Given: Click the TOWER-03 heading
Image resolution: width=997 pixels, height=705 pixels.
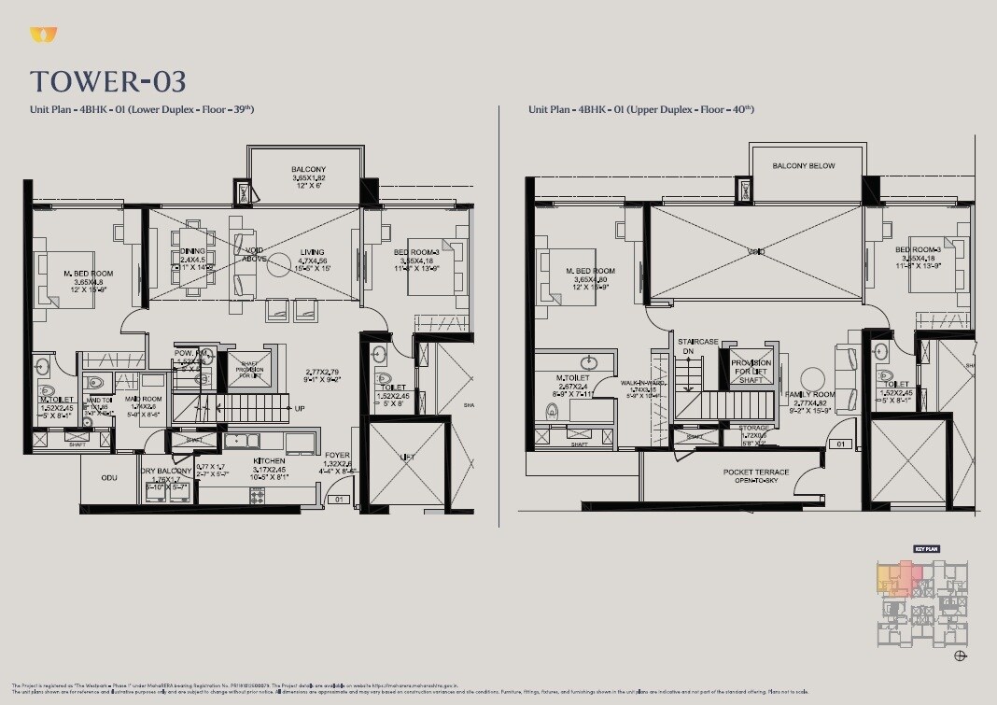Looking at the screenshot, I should coord(107,81).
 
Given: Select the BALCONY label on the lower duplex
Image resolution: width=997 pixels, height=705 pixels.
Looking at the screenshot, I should coord(308,169).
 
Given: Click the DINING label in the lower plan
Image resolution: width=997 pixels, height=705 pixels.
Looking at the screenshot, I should coord(192,251).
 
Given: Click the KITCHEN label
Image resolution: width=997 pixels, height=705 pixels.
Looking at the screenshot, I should coord(270,460).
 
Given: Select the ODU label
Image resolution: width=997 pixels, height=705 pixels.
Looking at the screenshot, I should coord(109,477).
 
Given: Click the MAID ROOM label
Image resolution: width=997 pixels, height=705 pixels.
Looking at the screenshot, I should coord(145,399).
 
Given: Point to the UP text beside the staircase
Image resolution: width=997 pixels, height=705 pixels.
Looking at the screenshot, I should coord(300,409).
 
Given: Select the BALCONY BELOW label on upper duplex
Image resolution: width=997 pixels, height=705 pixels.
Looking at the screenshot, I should coord(804,166).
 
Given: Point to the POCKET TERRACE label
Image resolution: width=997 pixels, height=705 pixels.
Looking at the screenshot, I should coord(755,472).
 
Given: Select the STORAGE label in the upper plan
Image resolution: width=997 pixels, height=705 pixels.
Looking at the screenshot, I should coord(754,428).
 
